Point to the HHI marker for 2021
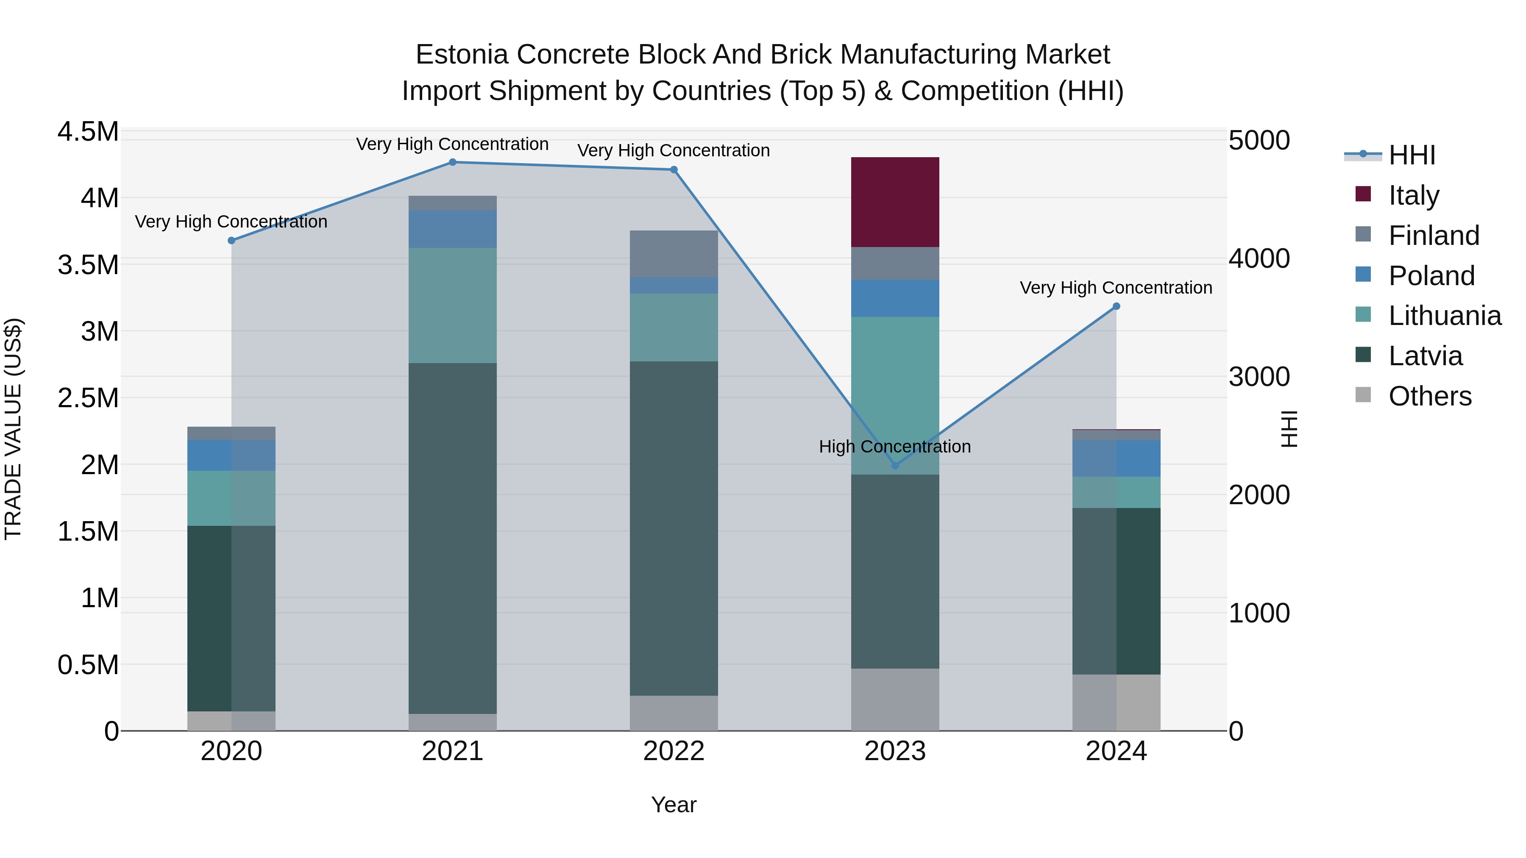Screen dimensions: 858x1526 point(453,162)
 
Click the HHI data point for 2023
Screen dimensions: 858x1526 point(895,465)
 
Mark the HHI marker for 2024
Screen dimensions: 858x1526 point(1116,306)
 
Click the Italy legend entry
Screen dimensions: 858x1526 point(1413,195)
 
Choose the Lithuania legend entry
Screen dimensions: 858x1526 point(1444,316)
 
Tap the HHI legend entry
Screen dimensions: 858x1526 point(1412,155)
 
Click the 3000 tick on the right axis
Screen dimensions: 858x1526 point(1259,377)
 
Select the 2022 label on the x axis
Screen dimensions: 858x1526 point(674,751)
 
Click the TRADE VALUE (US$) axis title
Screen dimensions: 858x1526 point(13,429)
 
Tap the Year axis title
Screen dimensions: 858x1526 point(674,805)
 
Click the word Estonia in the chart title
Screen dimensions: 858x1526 point(462,55)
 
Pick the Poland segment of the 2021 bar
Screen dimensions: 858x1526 point(453,228)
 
